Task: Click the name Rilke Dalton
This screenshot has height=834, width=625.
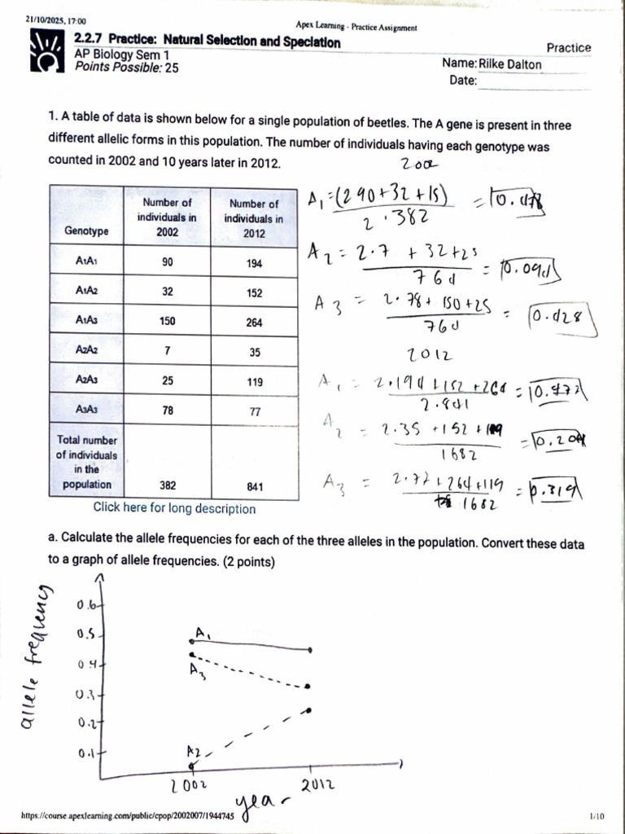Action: coord(509,64)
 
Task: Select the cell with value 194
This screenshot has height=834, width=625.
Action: coord(255,263)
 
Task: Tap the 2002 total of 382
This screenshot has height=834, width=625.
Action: coord(168,485)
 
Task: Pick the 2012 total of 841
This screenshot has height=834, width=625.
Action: coord(255,485)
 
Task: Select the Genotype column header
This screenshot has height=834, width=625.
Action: coord(86,230)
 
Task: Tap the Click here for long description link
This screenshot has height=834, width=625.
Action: coord(173,509)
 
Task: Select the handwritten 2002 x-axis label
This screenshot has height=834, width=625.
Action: coord(190,787)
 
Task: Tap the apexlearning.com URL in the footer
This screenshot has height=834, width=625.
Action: coord(126,815)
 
